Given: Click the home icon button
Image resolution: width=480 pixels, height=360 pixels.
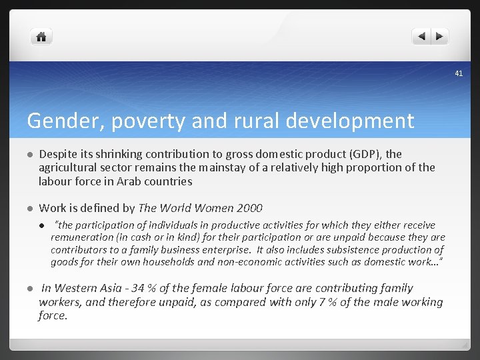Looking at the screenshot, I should [x=41, y=37].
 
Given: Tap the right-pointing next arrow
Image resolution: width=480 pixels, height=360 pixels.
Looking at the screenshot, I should [x=440, y=37].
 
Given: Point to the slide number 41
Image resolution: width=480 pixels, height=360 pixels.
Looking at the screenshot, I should [x=459, y=73].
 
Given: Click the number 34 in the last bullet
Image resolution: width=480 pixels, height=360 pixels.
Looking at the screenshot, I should [x=139, y=288].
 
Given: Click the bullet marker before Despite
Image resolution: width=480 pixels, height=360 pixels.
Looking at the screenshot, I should [x=30, y=155].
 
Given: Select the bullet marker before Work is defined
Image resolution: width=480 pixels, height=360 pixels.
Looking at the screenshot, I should [x=30, y=209].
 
